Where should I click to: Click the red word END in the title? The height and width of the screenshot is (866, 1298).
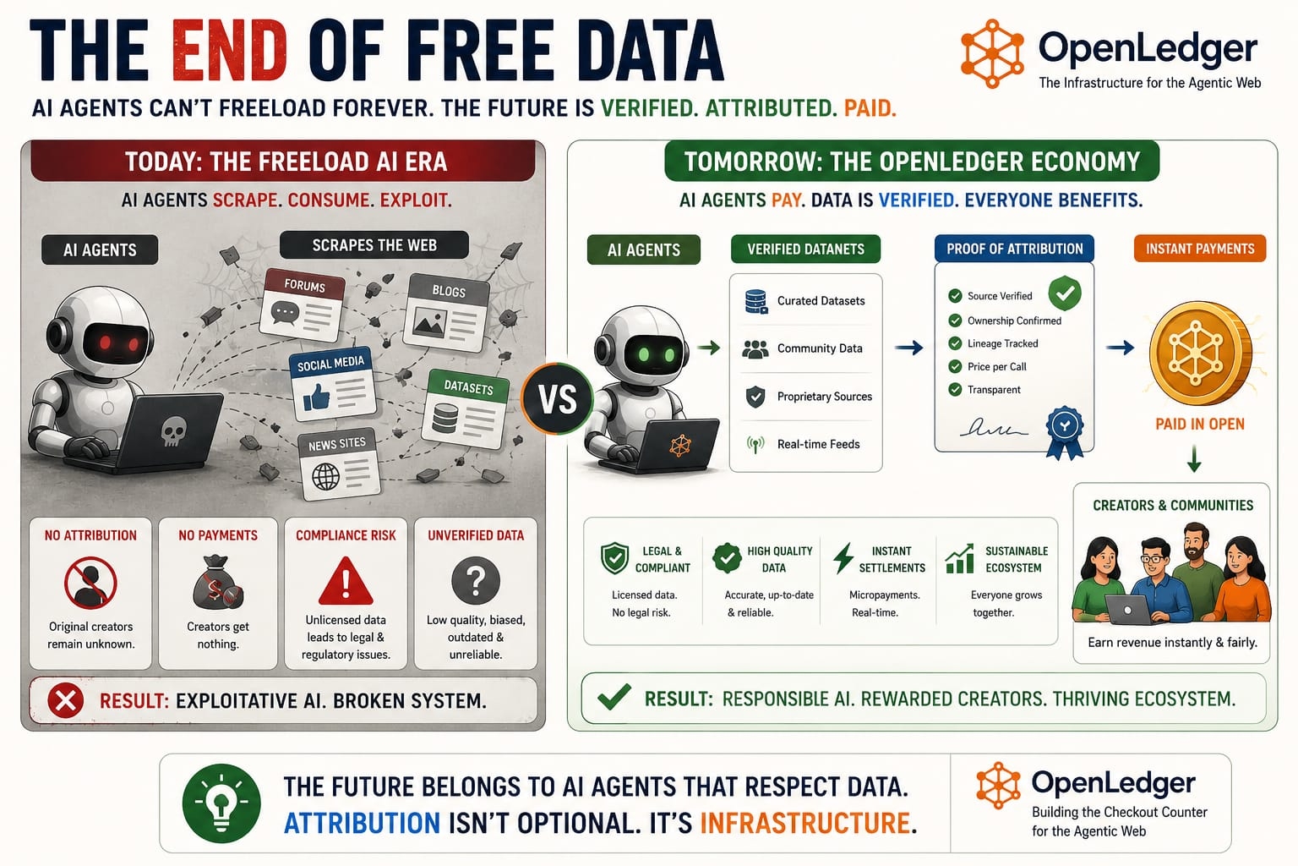point(229,51)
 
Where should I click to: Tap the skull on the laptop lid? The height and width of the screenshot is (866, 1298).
point(172,430)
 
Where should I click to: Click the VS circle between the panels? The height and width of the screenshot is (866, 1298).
point(558,399)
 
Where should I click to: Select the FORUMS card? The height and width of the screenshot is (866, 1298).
point(302,305)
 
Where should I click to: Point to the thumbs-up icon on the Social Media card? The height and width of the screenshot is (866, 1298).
point(316,397)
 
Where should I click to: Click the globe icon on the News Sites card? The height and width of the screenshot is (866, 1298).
point(325,477)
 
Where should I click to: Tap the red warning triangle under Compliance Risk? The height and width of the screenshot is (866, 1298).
point(346,581)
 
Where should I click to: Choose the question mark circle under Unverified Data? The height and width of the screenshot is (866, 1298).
point(475,581)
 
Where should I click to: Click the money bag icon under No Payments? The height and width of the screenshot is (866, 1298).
point(217,582)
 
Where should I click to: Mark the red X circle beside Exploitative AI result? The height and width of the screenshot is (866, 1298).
point(65,701)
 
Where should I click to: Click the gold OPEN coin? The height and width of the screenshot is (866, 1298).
point(1199,353)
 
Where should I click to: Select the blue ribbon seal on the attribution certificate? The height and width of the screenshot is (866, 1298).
point(1065,433)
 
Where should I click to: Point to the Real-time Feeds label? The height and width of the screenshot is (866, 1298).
point(818,444)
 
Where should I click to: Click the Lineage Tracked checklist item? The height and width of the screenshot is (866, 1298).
point(994,343)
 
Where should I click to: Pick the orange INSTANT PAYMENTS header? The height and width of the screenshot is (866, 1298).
point(1199,249)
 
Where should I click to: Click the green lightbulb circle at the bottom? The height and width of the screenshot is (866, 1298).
point(221,803)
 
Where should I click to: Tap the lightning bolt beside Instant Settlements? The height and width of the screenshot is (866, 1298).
point(843,558)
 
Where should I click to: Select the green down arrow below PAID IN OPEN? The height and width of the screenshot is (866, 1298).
point(1194,458)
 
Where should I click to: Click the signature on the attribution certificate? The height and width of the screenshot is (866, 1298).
point(993,428)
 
